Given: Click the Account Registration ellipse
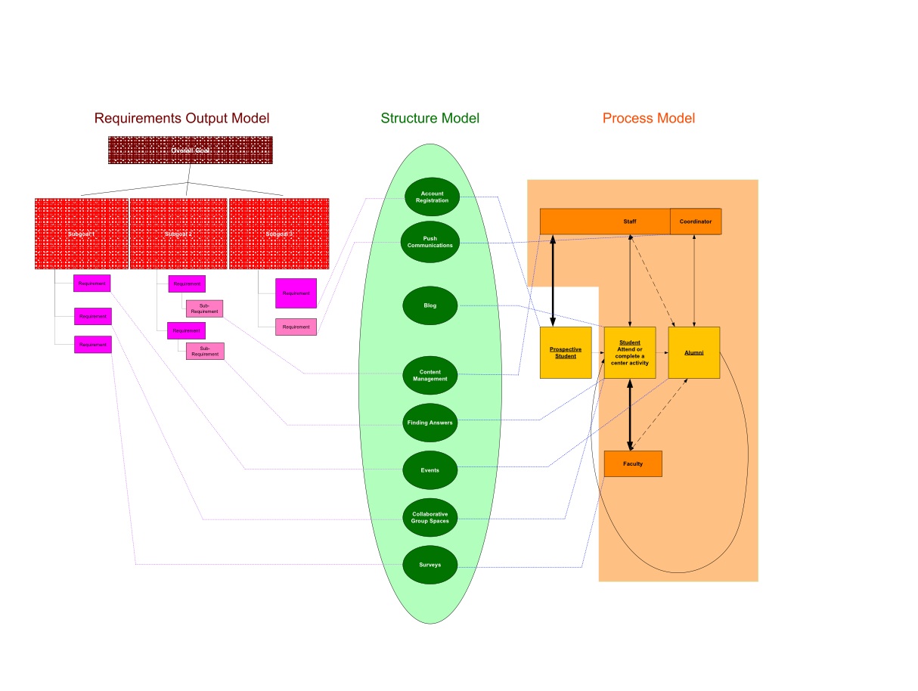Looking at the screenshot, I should [432, 197].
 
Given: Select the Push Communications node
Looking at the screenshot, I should [430, 242].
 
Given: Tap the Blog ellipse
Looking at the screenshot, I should [430, 305].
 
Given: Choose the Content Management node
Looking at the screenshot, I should [430, 375].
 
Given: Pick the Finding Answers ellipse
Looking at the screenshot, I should [430, 423].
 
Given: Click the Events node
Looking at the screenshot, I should [430, 470].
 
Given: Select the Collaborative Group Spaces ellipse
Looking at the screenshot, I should [430, 518].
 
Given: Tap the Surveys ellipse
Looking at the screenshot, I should [430, 565].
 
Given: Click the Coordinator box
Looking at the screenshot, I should [696, 222].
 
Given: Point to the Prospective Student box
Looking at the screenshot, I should [566, 352].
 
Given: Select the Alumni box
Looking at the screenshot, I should [693, 352].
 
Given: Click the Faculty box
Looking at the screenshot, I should [633, 463].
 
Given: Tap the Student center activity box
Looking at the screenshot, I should [629, 352].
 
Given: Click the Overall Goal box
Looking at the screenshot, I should [190, 150].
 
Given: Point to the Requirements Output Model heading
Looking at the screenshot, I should [181, 118].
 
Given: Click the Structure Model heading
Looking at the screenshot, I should [430, 118].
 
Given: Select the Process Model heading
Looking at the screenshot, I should [649, 118].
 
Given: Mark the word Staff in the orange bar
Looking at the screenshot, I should [630, 222].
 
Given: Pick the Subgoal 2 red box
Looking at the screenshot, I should [178, 234].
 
